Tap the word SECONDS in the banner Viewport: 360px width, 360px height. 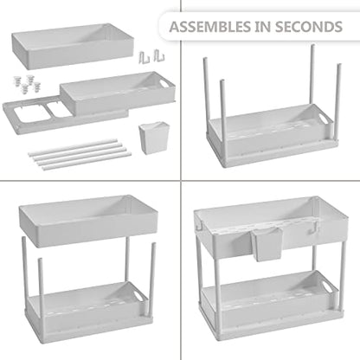[x=309, y=27]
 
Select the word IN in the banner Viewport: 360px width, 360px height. [x=263, y=27]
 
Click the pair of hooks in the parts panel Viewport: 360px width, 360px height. [x=151, y=56]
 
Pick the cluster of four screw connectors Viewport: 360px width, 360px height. [x=27, y=84]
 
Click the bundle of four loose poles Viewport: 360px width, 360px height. [x=80, y=154]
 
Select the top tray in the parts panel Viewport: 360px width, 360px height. [x=73, y=46]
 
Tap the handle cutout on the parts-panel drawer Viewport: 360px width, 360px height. [x=164, y=84]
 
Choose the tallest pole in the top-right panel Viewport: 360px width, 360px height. [x=312, y=74]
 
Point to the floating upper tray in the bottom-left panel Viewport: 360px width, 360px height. [x=88, y=222]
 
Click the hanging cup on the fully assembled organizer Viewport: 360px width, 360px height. [x=267, y=243]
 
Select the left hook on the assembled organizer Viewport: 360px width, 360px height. [x=199, y=228]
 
